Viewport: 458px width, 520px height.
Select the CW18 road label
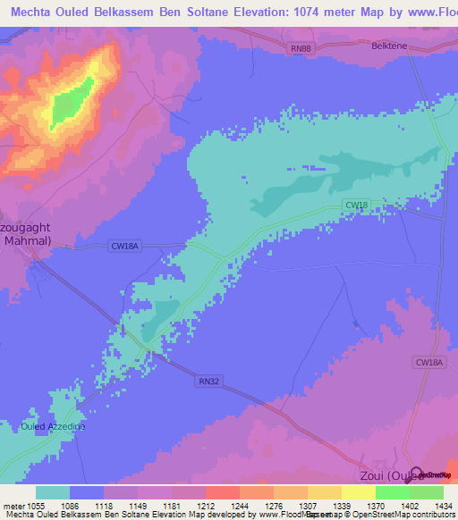(x=356, y=205)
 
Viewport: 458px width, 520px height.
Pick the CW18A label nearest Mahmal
(x=126, y=246)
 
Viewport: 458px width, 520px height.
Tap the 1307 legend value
(x=291, y=507)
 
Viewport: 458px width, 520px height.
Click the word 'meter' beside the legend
(x=12, y=507)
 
